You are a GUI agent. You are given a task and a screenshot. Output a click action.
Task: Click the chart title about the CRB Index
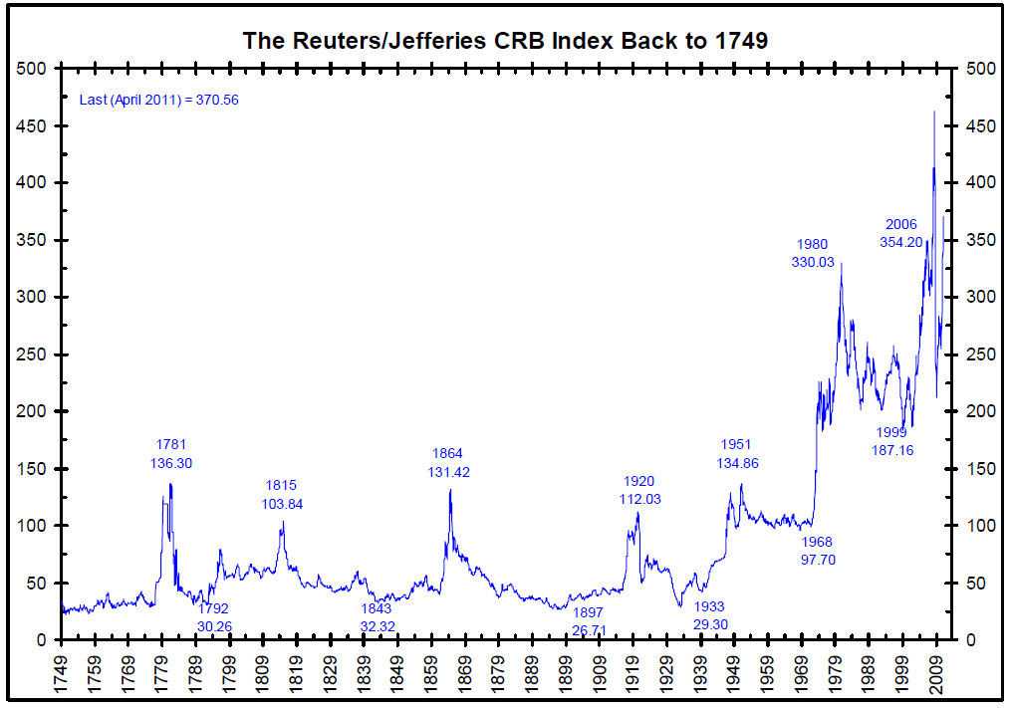click(505, 42)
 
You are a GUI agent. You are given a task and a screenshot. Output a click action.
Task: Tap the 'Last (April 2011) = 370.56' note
click(158, 100)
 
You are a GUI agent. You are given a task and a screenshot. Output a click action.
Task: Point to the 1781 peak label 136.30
click(170, 454)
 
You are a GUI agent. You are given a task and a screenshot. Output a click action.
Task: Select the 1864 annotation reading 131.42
click(447, 463)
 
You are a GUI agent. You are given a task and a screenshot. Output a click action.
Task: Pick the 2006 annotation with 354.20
click(901, 233)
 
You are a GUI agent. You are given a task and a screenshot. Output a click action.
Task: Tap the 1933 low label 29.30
click(709, 615)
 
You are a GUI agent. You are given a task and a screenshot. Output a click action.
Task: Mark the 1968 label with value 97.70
click(817, 551)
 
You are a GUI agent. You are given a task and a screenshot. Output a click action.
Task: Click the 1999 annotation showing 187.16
click(894, 441)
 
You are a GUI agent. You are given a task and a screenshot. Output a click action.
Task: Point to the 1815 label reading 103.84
click(282, 495)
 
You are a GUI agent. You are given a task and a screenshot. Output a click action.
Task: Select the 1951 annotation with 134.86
click(736, 454)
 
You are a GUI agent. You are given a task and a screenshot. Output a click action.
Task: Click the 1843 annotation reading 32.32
click(378, 616)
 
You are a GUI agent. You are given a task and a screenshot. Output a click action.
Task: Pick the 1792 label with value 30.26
click(213, 616)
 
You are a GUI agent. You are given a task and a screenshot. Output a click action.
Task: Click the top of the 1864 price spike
click(450, 490)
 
